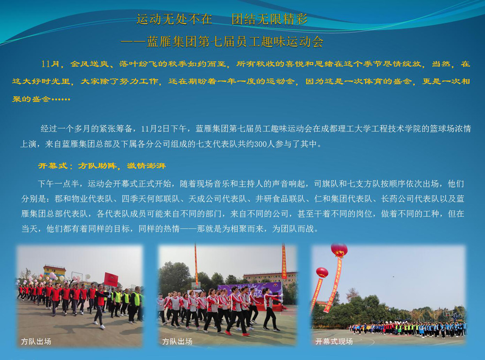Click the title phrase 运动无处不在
click(175, 19)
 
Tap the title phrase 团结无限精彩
click(270, 19)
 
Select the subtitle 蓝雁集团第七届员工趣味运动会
click(235, 42)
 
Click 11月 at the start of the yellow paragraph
click(50, 64)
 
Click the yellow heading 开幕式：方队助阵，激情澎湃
click(102, 166)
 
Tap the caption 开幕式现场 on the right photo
click(334, 342)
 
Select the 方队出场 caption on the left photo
click(36, 342)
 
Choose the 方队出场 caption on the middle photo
click(177, 342)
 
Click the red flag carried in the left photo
click(111, 279)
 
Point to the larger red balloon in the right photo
click(339, 249)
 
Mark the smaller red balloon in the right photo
click(322, 272)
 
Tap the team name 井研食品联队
click(280, 199)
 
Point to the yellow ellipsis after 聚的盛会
click(61, 99)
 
